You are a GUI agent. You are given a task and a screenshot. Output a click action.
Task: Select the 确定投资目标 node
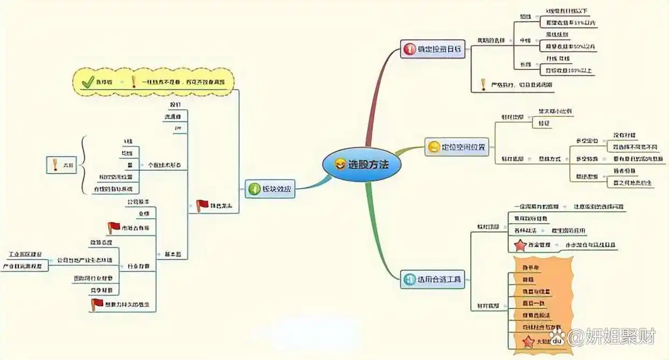pyautogui.click(x=433, y=50)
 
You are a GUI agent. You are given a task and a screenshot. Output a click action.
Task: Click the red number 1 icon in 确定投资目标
pyautogui.click(x=409, y=50)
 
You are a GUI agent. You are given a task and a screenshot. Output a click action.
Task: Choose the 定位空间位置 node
pyautogui.click(x=456, y=147)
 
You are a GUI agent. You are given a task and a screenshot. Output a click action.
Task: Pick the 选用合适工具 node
pyautogui.click(x=432, y=280)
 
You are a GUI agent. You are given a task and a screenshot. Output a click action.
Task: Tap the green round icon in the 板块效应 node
pyautogui.click(x=254, y=189)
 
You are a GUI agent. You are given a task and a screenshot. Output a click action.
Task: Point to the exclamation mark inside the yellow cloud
pyautogui.click(x=133, y=82)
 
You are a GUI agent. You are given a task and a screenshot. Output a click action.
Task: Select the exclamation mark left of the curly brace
pyautogui.click(x=54, y=165)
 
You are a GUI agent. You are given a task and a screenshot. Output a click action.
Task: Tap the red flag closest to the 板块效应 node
pyautogui.click(x=202, y=205)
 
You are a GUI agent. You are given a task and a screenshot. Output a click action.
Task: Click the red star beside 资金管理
pyautogui.click(x=520, y=245)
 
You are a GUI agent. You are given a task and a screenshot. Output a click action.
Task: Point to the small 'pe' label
pyautogui.click(x=177, y=128)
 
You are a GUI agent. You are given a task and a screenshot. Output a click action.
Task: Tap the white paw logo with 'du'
pyautogui.click(x=557, y=338)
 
